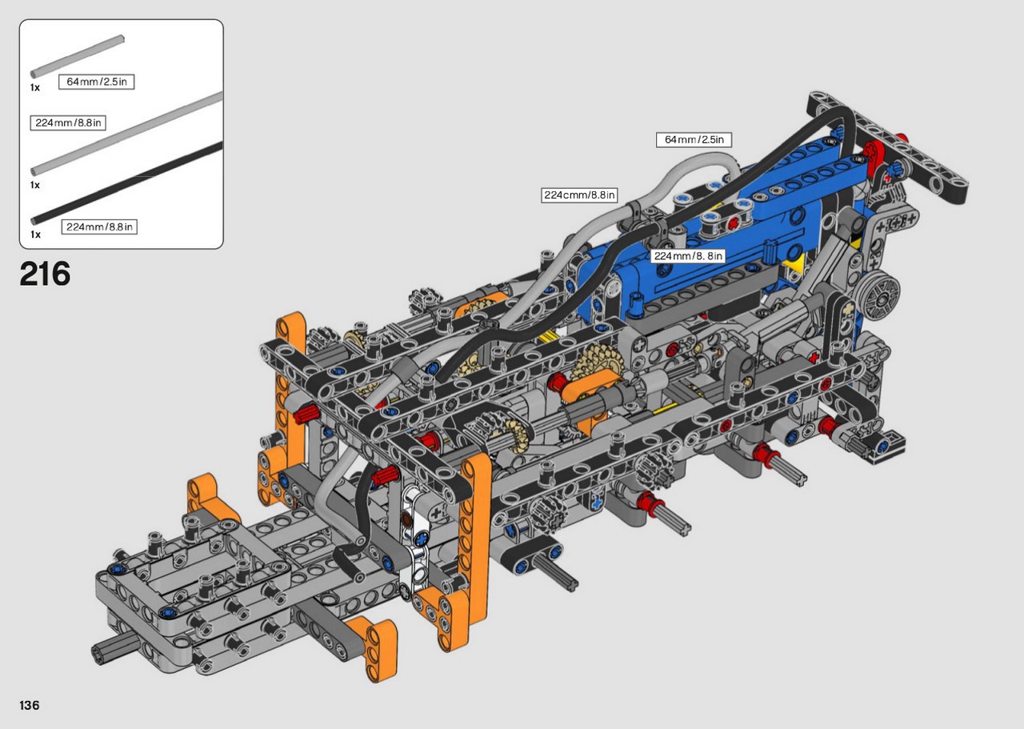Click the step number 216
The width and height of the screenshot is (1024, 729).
(x=45, y=274)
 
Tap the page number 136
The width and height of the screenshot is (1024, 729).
(x=30, y=705)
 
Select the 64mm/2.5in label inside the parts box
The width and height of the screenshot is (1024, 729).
(x=97, y=82)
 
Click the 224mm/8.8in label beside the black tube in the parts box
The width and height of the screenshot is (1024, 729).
(x=99, y=226)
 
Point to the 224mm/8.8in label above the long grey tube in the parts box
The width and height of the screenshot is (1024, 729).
(x=68, y=123)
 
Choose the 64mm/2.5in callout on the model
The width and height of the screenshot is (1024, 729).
(x=694, y=139)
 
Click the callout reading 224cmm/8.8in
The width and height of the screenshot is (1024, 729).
(x=579, y=195)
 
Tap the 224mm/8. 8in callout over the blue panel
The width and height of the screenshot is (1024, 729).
(x=688, y=256)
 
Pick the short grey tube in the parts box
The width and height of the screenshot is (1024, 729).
(x=78, y=56)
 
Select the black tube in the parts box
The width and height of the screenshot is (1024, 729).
(x=126, y=184)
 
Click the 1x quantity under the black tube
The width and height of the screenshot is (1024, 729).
(x=35, y=234)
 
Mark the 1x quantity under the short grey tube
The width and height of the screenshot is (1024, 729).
(x=35, y=87)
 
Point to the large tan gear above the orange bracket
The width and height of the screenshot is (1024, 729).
(x=597, y=362)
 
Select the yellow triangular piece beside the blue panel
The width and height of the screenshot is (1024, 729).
(x=795, y=264)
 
